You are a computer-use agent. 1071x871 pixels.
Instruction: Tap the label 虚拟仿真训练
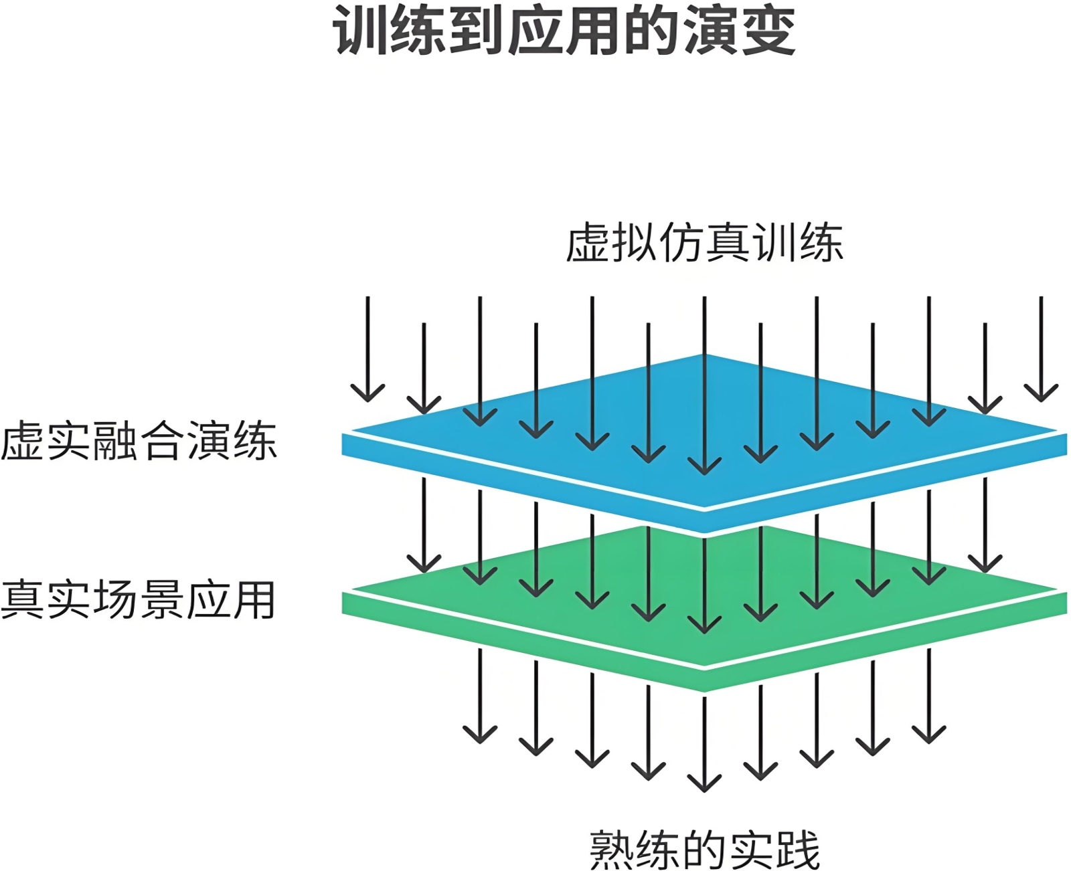704,243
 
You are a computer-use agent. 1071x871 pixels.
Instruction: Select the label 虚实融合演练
139,441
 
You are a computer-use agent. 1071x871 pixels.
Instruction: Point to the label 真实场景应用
138,599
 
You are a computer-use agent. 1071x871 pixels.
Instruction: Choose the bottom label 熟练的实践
704,850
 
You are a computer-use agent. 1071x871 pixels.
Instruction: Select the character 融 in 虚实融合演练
115,441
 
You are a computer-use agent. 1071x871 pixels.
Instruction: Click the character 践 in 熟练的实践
797,850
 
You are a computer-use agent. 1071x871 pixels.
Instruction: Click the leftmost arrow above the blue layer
368,348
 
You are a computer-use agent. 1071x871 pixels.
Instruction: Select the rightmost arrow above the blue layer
1041,348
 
